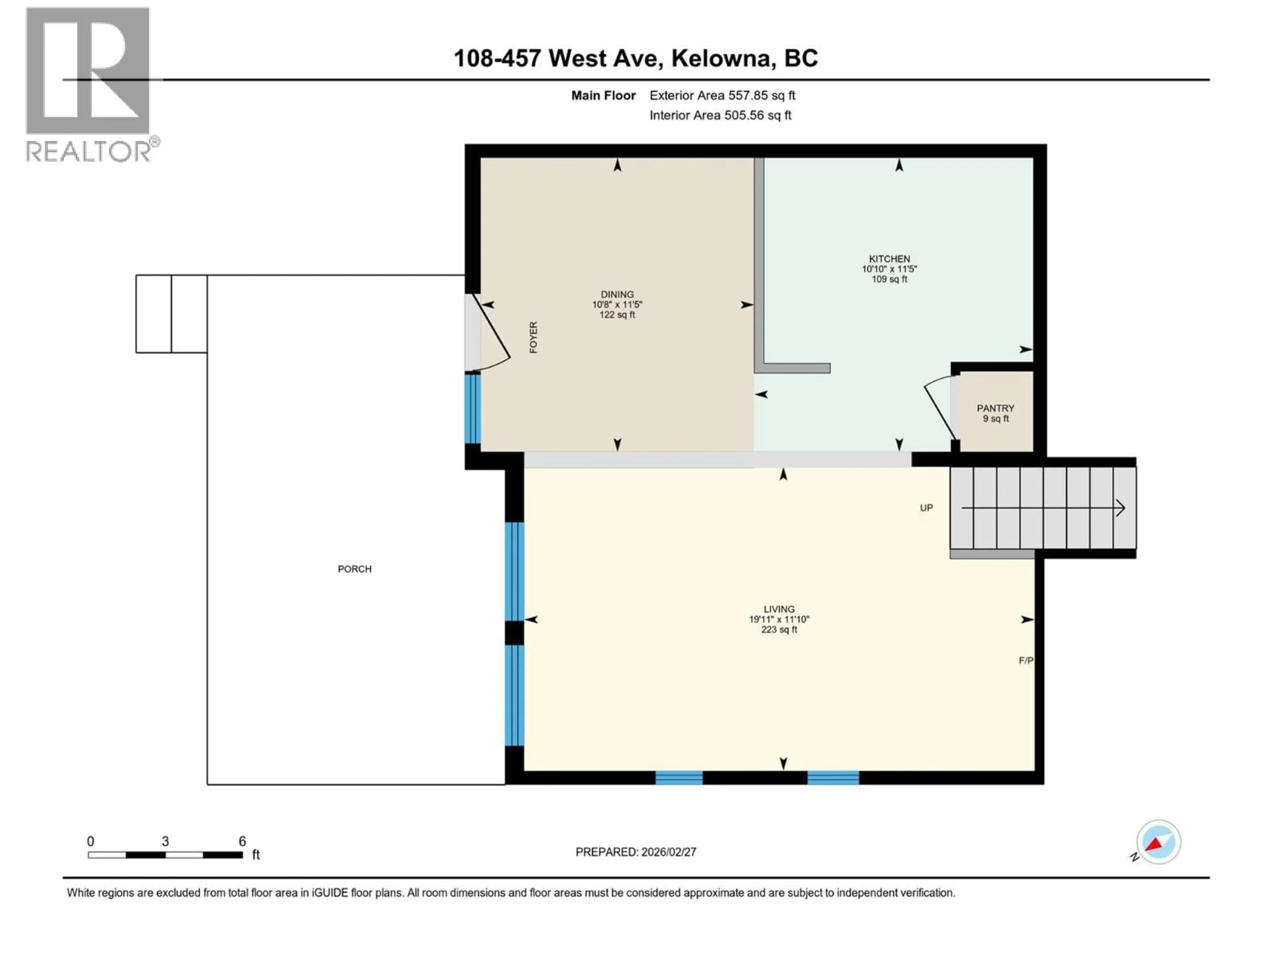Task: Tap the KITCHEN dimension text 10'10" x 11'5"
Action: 889,269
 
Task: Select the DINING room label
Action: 617,294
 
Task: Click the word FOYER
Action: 533,337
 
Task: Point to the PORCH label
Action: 354,569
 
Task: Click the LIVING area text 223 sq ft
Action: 779,630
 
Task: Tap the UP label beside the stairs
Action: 926,508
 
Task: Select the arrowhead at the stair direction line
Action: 1119,508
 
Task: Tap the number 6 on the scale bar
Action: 242,841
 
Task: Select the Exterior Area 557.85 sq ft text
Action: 722,95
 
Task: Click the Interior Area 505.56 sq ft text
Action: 720,115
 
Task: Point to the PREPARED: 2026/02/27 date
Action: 636,852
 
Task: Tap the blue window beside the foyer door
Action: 472,409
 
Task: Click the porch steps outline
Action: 171,314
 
